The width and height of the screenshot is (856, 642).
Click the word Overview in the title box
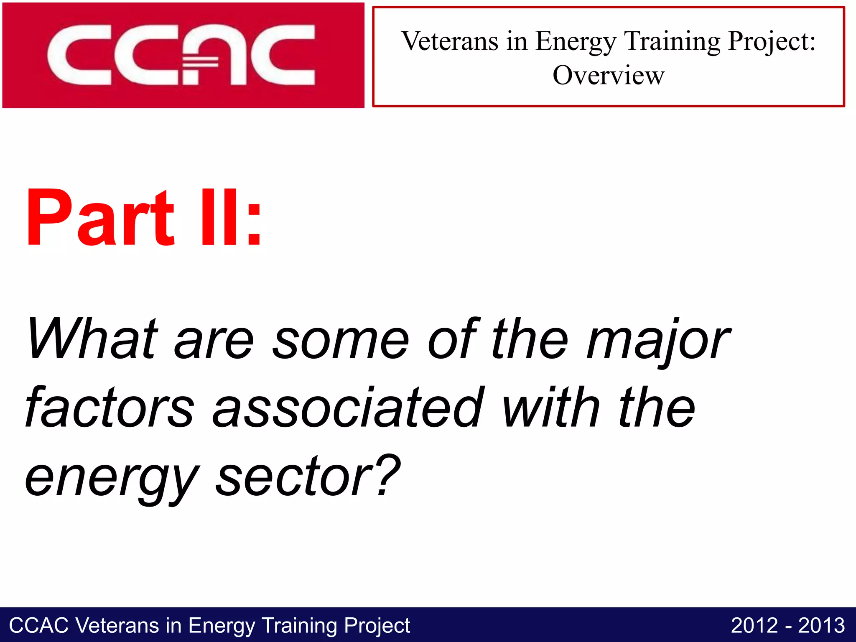(608, 76)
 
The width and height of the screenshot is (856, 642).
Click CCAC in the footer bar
(38, 626)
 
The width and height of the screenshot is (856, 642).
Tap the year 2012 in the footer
(754, 626)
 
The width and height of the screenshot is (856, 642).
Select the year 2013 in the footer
(821, 626)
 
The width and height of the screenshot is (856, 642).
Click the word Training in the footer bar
(299, 626)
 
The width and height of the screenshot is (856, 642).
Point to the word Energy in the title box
(576, 42)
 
